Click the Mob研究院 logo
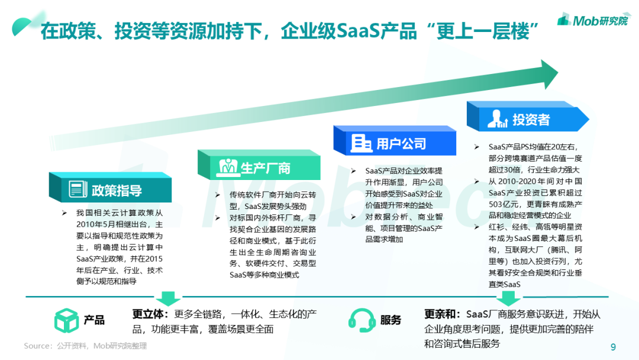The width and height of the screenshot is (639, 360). (593, 20)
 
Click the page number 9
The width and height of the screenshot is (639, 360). (613, 347)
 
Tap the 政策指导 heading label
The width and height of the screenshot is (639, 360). (117, 190)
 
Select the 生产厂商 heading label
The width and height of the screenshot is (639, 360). (265, 168)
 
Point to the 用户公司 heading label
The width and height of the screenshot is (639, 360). (401, 143)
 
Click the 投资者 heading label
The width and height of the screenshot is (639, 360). (531, 120)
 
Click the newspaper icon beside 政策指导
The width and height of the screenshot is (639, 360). (78, 189)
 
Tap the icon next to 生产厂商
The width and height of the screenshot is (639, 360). (228, 167)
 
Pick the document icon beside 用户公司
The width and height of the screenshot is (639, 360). (361, 143)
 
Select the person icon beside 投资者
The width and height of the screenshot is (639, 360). (497, 119)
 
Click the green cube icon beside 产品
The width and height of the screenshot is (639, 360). (66, 320)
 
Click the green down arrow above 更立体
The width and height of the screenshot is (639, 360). (168, 298)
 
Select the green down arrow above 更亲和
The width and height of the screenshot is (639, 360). (508, 298)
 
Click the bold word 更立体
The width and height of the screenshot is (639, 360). (147, 314)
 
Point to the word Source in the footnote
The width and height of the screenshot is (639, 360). (37, 346)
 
